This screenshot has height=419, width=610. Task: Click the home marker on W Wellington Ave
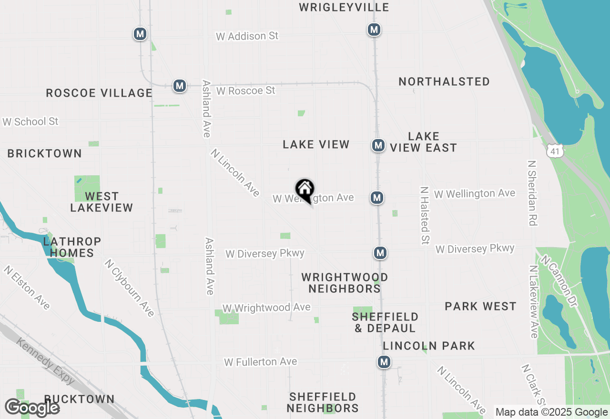(305, 190)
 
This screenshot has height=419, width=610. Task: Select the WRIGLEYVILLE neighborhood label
(344, 7)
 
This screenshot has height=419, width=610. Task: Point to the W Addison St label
(247, 36)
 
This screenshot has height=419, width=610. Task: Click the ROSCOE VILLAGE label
(99, 93)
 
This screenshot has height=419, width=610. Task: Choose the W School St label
(30, 122)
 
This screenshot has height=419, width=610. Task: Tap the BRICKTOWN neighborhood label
(45, 153)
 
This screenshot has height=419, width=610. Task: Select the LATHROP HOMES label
(72, 247)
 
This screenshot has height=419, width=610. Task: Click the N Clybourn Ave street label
(130, 288)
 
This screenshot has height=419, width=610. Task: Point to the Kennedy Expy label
(46, 361)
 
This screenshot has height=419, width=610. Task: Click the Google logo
(32, 408)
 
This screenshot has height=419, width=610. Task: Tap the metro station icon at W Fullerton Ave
(384, 362)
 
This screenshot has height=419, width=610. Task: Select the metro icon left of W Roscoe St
(179, 86)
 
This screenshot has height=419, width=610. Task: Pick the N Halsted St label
(424, 215)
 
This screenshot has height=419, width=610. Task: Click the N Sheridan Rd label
(532, 193)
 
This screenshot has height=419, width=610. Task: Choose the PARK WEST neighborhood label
(480, 306)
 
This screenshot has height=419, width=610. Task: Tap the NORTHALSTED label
(444, 82)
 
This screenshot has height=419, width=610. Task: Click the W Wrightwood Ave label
(266, 308)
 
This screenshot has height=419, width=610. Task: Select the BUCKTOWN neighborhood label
(80, 399)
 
